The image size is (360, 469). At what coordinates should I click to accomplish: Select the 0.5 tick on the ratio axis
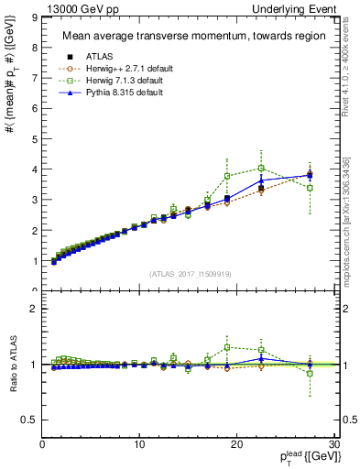pos(28,420)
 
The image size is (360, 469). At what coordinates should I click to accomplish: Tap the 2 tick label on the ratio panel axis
pos(33,309)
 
